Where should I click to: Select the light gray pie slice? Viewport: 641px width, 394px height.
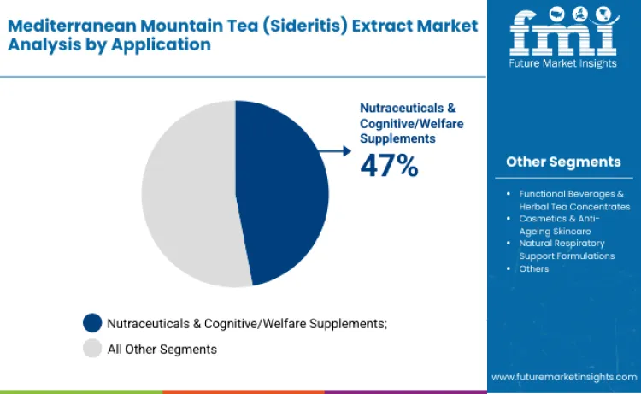(184, 197)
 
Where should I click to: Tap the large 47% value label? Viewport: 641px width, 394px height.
(389, 165)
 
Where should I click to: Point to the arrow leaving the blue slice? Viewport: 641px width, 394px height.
(336, 151)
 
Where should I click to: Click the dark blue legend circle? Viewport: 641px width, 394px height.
(92, 322)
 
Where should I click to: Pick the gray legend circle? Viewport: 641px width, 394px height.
(92, 349)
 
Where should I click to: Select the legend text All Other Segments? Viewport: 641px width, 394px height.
(162, 349)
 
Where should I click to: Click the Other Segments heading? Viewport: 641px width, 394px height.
(563, 162)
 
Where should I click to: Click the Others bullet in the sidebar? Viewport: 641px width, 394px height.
(533, 268)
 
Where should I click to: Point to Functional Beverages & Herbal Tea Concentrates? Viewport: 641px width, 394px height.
(573, 200)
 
